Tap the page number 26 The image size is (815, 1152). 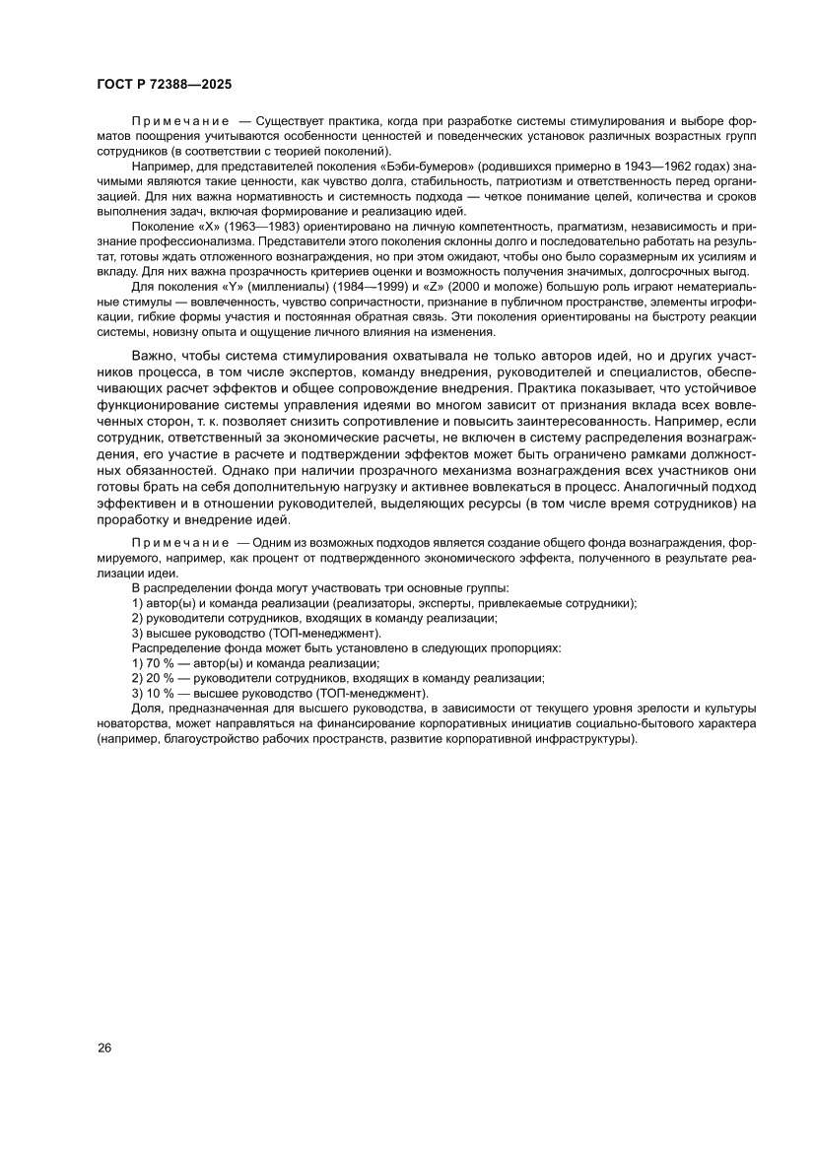104,1048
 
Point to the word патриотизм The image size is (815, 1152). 536,183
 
